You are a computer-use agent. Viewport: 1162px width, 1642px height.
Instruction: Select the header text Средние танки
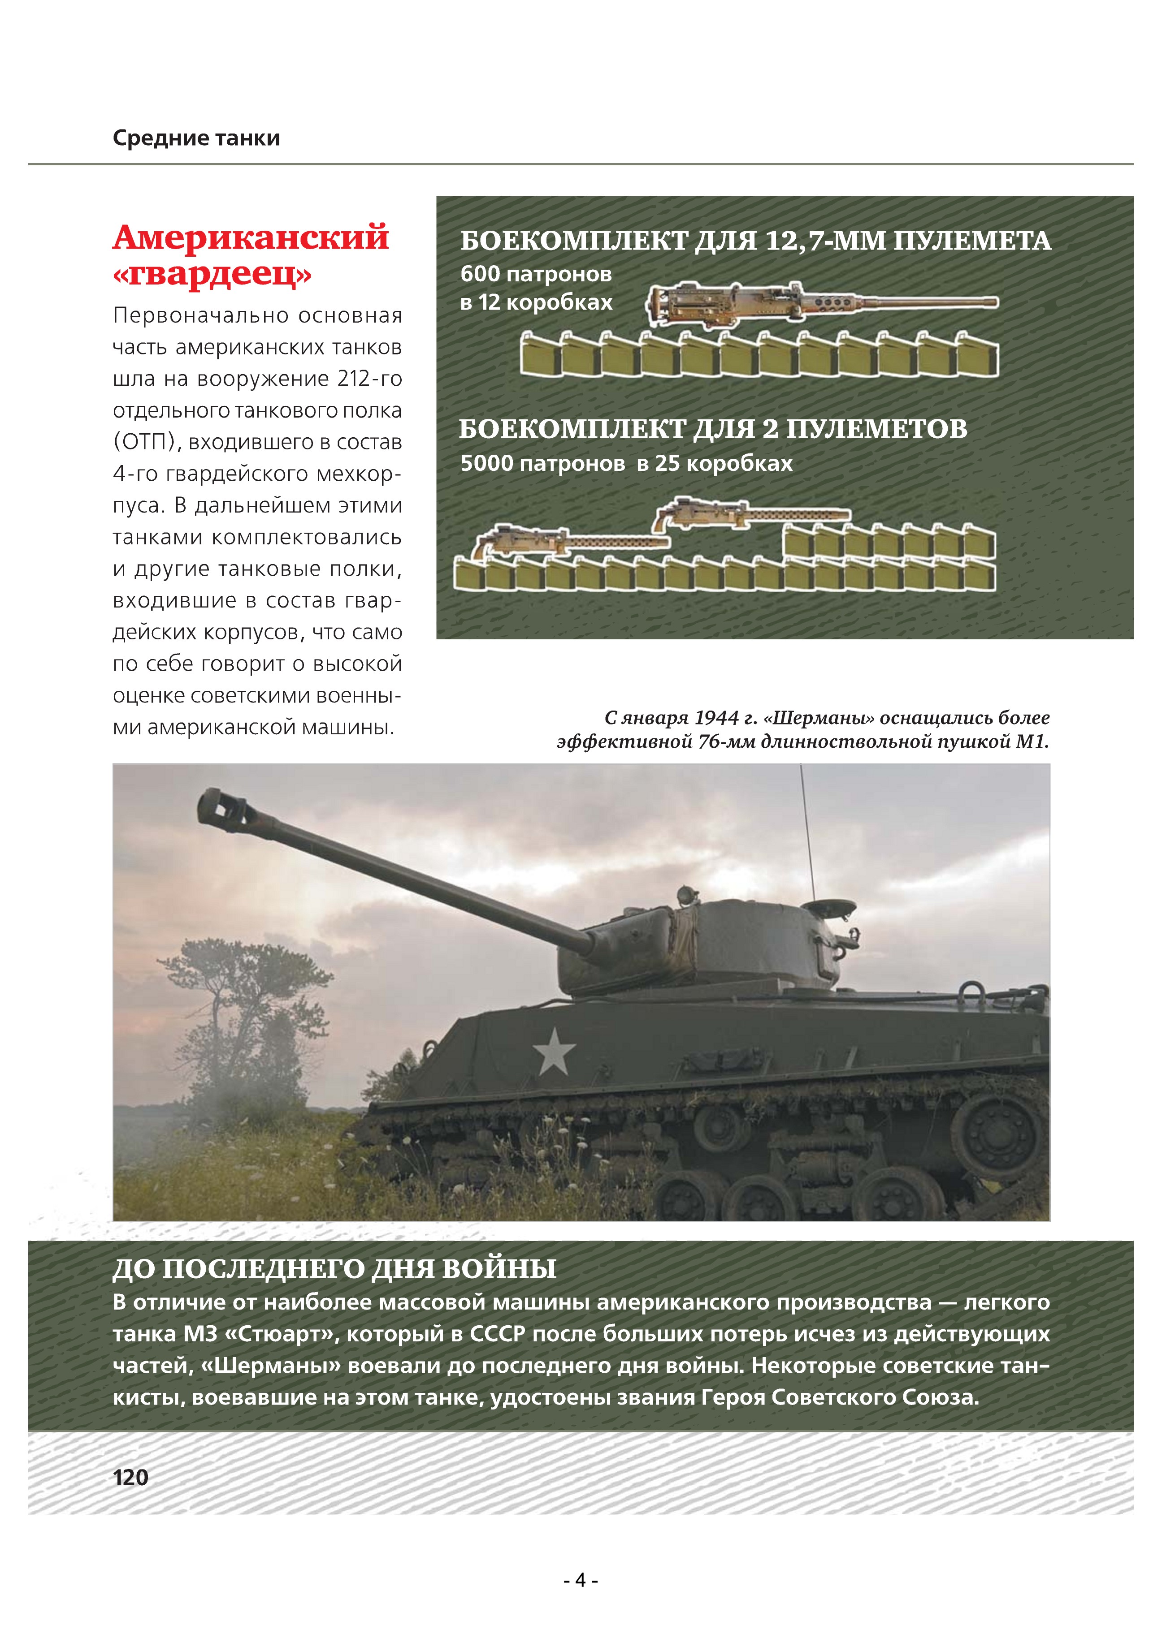pyautogui.click(x=196, y=138)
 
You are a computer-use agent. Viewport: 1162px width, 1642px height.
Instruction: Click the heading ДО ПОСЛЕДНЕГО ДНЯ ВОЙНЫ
pyautogui.click(x=334, y=1268)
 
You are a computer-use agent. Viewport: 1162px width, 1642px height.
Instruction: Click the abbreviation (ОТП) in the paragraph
pyautogui.click(x=144, y=442)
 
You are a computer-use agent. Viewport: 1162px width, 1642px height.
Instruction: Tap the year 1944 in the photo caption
pyautogui.click(x=716, y=717)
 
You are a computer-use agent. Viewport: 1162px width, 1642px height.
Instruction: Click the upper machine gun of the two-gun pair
pyautogui.click(x=751, y=513)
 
